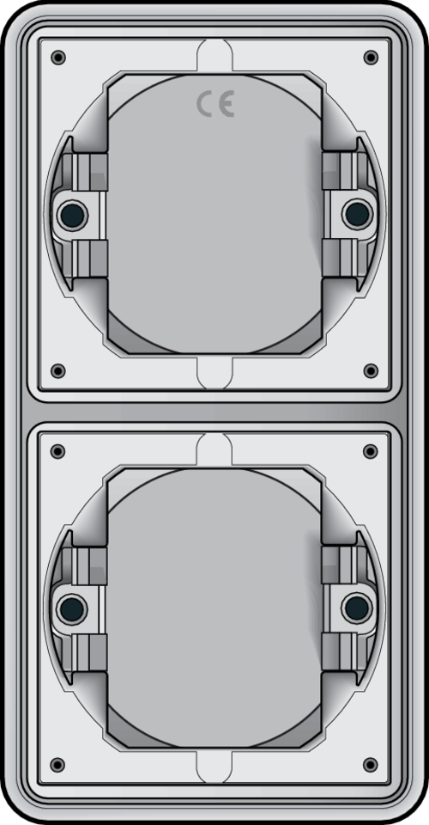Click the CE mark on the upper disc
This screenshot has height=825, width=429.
pyautogui.click(x=214, y=104)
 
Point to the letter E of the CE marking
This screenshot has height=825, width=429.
pyautogui.click(x=226, y=104)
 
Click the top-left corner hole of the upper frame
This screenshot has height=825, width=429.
pyautogui.click(x=57, y=58)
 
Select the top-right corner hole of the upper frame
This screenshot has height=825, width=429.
pyautogui.click(x=371, y=58)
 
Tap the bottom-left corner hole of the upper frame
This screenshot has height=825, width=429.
pyautogui.click(x=57, y=370)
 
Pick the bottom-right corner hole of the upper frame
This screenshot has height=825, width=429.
pyautogui.click(x=371, y=370)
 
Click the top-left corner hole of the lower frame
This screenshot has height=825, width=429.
pyautogui.click(x=57, y=451)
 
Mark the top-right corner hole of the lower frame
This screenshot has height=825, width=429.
pyautogui.click(x=371, y=451)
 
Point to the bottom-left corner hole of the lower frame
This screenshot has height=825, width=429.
pyautogui.click(x=57, y=764)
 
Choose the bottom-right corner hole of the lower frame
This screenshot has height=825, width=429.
pyautogui.click(x=371, y=764)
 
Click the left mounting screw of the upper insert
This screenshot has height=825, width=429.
pyautogui.click(x=71, y=213)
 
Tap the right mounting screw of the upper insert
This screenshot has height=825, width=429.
pyautogui.click(x=356, y=212)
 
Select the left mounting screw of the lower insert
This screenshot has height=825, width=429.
pyautogui.click(x=71, y=609)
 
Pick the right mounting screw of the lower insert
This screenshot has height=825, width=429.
pyautogui.click(x=356, y=608)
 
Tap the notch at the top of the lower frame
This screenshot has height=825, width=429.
pyautogui.click(x=214, y=449)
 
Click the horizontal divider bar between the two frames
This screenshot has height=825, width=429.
pyautogui.click(x=214, y=411)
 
